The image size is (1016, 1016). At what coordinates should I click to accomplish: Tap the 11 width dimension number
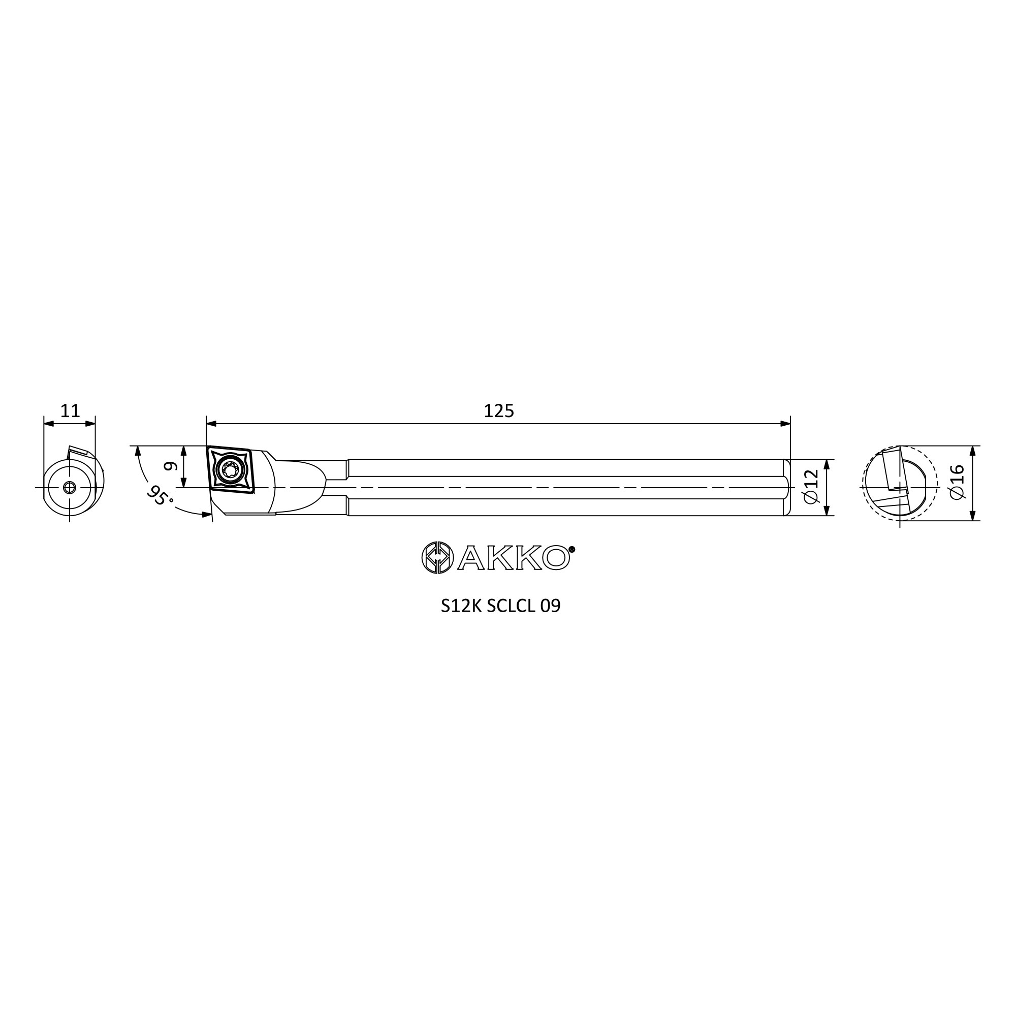(x=70, y=410)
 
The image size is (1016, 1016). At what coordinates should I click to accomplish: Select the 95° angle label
(x=160, y=496)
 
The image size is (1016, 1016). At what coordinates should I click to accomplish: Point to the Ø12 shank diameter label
(x=812, y=487)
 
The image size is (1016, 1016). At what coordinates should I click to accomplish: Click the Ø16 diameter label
(x=957, y=482)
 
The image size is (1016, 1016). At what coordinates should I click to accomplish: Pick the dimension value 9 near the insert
(x=169, y=466)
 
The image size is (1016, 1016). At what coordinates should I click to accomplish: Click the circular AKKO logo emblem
(x=437, y=557)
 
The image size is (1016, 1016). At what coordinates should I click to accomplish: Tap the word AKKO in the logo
(x=513, y=558)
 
